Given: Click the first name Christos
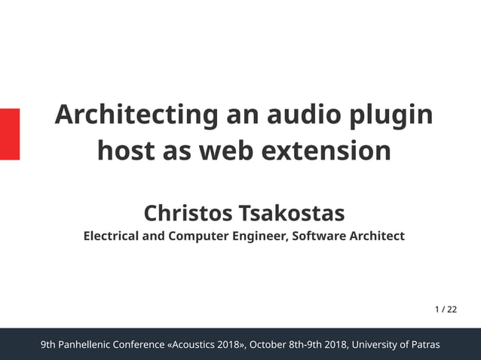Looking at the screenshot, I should click(x=188, y=212).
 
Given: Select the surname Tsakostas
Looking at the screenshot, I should click(x=290, y=212).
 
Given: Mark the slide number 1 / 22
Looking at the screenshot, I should click(x=446, y=309).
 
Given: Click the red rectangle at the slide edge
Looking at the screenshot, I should click(x=9, y=133).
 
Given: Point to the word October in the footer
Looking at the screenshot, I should click(x=268, y=345).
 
